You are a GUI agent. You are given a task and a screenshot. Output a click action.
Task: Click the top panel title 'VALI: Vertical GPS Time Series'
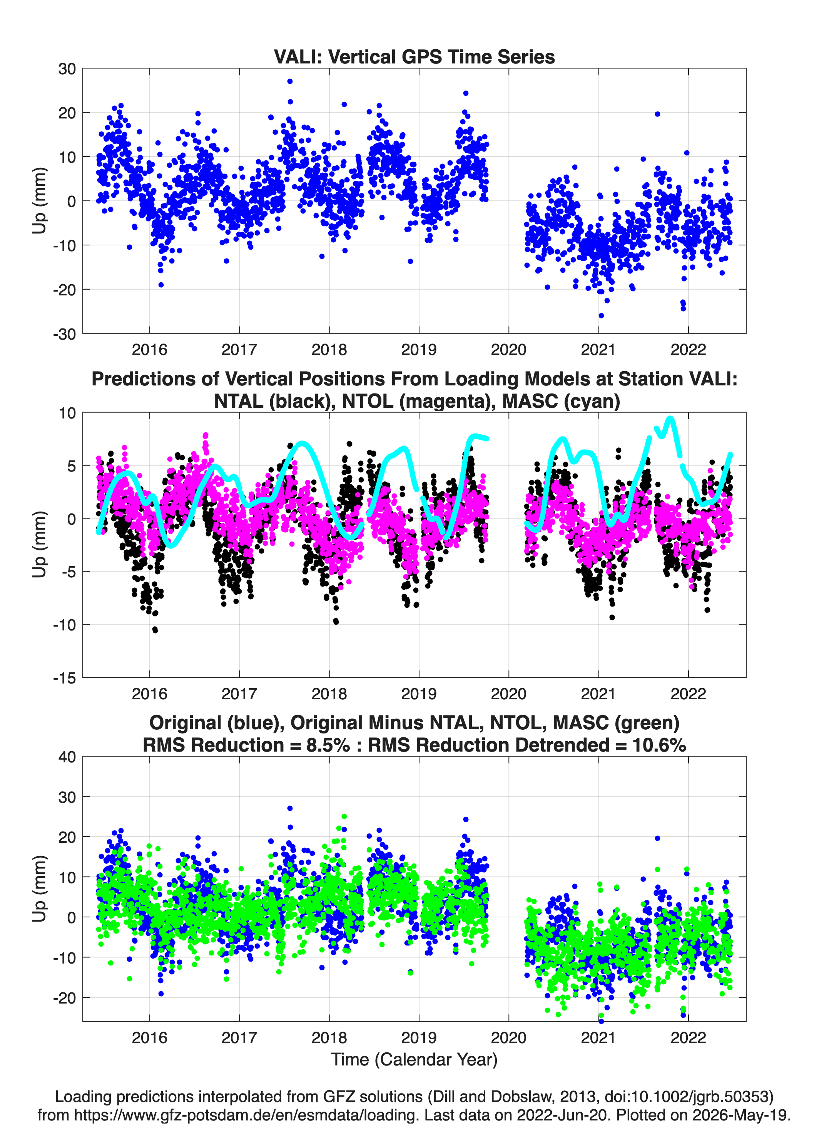[414, 57]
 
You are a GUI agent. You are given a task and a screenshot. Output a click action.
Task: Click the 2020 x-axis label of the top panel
[509, 350]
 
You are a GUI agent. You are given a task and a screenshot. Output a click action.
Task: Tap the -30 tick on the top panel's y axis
[64, 334]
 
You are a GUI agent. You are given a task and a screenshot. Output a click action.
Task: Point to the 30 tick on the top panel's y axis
[67, 69]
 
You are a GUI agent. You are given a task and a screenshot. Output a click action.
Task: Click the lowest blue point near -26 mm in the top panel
[601, 315]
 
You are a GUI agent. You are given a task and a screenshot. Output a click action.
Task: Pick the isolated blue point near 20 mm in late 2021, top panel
[657, 114]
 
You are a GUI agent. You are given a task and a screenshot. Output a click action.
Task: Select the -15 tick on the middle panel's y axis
[64, 678]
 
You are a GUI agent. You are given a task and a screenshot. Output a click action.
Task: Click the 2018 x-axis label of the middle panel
[329, 694]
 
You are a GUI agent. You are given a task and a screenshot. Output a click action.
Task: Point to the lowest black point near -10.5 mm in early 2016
[155, 630]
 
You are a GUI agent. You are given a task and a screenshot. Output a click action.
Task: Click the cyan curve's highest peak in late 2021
[670, 418]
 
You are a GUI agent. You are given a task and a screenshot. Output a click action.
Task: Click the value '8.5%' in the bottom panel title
[328, 745]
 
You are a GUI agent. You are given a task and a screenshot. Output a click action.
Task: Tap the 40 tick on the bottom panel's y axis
[67, 757]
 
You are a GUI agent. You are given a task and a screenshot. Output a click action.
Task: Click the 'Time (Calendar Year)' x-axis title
[414, 1059]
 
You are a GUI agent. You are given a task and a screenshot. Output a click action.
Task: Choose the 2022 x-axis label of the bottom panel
[688, 1038]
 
